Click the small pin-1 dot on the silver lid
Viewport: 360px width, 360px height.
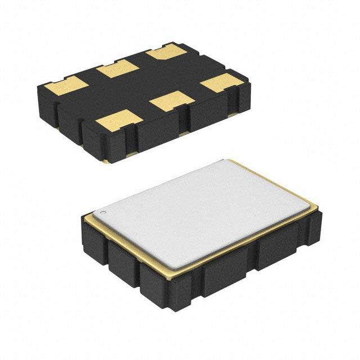(103, 213)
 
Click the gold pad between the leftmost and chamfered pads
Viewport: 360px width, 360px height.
(117, 71)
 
